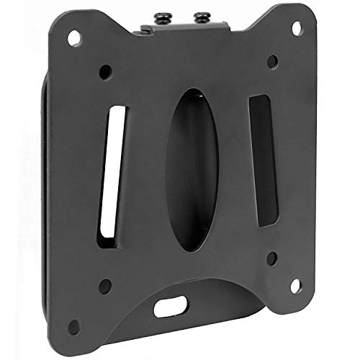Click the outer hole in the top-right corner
point(295,27)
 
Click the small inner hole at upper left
point(106,72)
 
